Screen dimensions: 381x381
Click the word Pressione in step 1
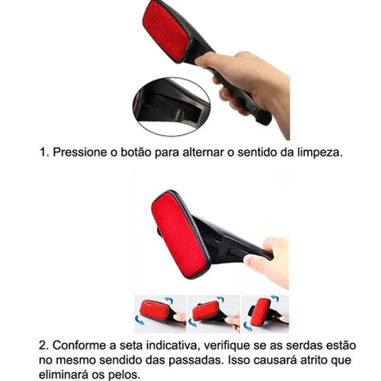(79, 152)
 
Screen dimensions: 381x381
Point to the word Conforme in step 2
(82, 345)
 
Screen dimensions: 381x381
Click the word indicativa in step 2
(171, 345)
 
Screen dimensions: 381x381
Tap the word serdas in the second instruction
(303, 345)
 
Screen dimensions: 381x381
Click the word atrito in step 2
(313, 360)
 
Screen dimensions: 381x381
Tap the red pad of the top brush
(166, 30)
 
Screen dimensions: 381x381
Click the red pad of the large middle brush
(179, 234)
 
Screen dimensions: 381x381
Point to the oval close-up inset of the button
(171, 106)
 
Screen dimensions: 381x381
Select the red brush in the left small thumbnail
(156, 310)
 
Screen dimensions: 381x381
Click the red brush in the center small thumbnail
(206, 310)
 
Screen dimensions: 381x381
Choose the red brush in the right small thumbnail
(260, 312)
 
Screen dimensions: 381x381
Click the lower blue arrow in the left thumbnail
(139, 320)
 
